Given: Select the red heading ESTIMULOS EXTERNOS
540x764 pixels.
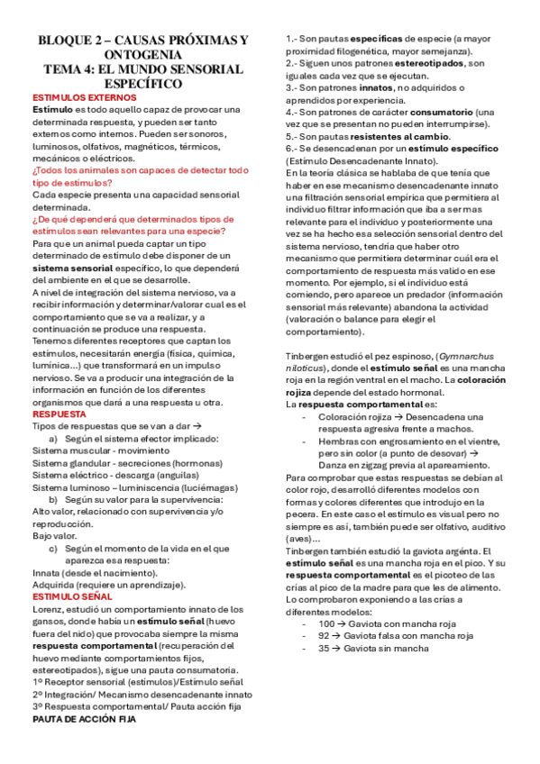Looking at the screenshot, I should point(71,97).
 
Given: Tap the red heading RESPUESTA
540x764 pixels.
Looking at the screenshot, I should point(59,414).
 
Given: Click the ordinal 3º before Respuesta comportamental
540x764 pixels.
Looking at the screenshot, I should point(39,707).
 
